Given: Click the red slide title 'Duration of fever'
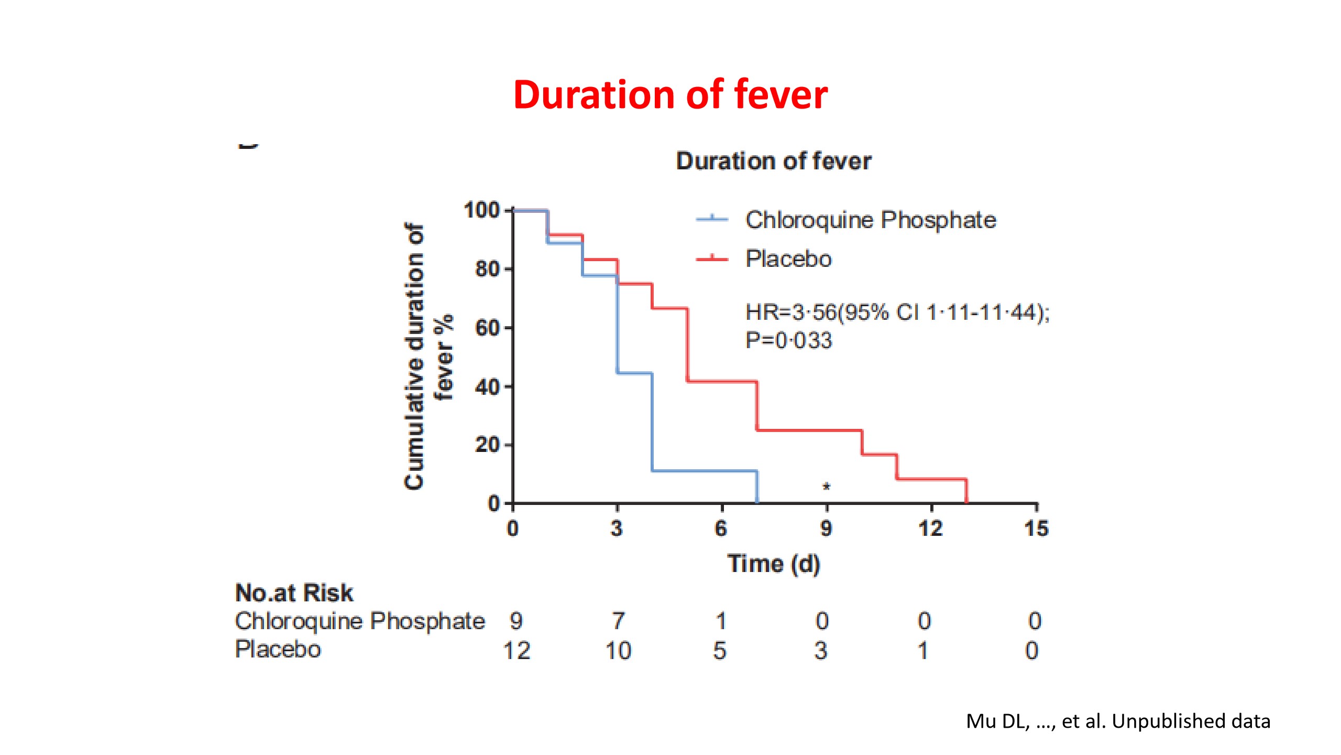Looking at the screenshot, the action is tap(670, 95).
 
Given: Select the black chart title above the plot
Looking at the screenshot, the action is tap(774, 161).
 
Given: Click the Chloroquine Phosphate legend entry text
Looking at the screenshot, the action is tap(871, 220).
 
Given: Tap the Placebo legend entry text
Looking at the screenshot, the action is tap(788, 259).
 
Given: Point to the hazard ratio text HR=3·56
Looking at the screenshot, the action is tap(791, 312).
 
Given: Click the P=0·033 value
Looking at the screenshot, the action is tap(788, 341).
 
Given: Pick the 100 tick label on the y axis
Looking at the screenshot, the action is tap(482, 210).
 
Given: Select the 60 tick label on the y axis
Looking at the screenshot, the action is tap(487, 328).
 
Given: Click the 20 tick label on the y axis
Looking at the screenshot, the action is tap(487, 445).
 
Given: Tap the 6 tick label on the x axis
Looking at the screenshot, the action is tap(721, 528).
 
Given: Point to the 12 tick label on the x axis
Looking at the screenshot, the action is tap(931, 528).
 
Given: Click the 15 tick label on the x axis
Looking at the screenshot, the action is tap(1037, 528).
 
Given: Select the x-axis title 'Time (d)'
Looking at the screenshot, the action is tap(774, 564).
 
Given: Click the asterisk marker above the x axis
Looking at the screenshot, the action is tap(826, 487).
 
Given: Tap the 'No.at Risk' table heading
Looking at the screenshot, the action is tap(294, 593).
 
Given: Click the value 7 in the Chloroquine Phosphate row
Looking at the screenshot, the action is tap(619, 621).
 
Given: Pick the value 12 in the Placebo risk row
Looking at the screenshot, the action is tap(516, 651).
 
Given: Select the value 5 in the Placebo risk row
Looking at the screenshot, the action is tap(720, 651).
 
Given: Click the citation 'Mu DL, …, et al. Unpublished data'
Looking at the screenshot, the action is tap(1118, 721).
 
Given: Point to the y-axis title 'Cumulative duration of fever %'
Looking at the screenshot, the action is tap(428, 357).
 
